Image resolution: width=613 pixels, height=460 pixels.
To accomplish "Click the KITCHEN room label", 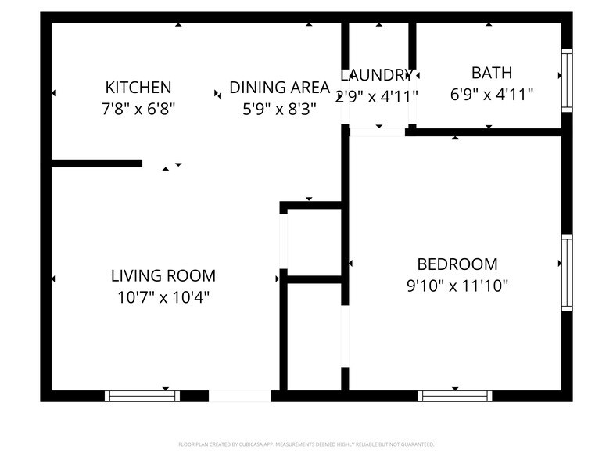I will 138,87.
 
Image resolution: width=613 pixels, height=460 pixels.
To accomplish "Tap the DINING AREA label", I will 279,87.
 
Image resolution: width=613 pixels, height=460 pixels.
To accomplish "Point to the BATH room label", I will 492,73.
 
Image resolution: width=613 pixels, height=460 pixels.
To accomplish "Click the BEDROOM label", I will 457,264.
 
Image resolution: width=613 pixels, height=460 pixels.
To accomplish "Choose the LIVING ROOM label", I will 163,275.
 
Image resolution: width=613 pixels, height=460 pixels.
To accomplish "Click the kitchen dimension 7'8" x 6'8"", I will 138,109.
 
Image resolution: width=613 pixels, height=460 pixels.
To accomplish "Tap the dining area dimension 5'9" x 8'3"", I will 279,109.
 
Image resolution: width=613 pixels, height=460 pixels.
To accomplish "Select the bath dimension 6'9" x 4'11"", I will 492,95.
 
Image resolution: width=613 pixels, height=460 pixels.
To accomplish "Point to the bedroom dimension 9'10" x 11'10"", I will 457,286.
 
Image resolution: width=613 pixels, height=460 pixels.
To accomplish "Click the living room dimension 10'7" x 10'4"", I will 163,297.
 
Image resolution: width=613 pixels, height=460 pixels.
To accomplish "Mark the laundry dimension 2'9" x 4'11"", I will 377,96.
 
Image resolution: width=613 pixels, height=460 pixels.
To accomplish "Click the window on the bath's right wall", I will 567,80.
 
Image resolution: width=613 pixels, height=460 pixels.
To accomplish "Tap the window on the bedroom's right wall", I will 567,274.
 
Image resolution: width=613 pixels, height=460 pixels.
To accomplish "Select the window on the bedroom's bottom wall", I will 455,396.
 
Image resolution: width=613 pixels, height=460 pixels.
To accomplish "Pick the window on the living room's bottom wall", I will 142,396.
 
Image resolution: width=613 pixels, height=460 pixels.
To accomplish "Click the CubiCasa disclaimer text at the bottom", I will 306,444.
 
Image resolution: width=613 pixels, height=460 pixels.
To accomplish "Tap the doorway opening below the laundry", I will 377,132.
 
